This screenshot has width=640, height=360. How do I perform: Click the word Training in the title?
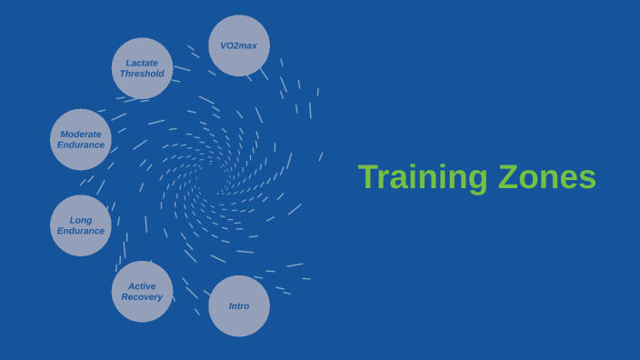424,177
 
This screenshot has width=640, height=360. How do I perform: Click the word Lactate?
142,63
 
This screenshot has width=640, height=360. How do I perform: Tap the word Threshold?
142,74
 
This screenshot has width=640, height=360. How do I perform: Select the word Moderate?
81,134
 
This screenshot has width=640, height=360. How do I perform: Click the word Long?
81,220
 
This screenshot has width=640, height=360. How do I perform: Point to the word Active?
142,285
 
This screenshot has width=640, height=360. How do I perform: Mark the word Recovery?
142,296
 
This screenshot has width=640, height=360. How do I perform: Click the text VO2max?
239,45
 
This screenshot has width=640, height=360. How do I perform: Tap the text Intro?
239,306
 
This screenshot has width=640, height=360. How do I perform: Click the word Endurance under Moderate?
81,145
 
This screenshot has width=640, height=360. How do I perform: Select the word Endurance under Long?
81,231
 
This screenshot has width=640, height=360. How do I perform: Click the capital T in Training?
368,177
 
